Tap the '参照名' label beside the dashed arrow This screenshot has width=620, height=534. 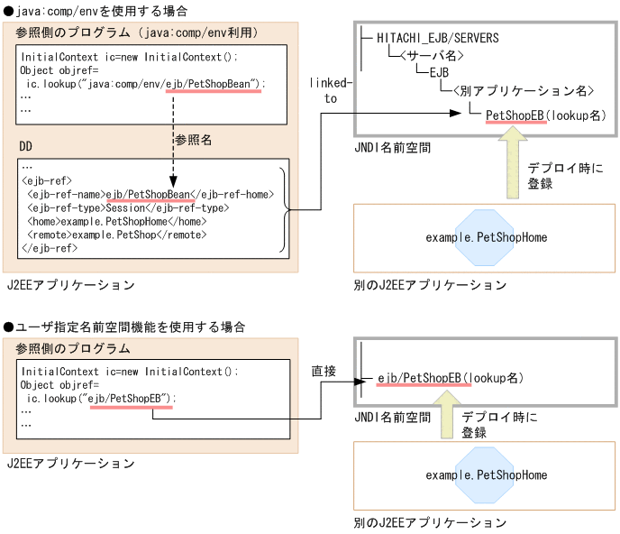tap(193, 141)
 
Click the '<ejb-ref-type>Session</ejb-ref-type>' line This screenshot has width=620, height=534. tap(126, 207)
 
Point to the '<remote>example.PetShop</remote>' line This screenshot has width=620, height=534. tap(117, 234)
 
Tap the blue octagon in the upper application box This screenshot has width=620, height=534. tap(486, 238)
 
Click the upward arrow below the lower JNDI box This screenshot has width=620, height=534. tap(444, 421)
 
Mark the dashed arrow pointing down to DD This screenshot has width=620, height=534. tap(170, 140)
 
